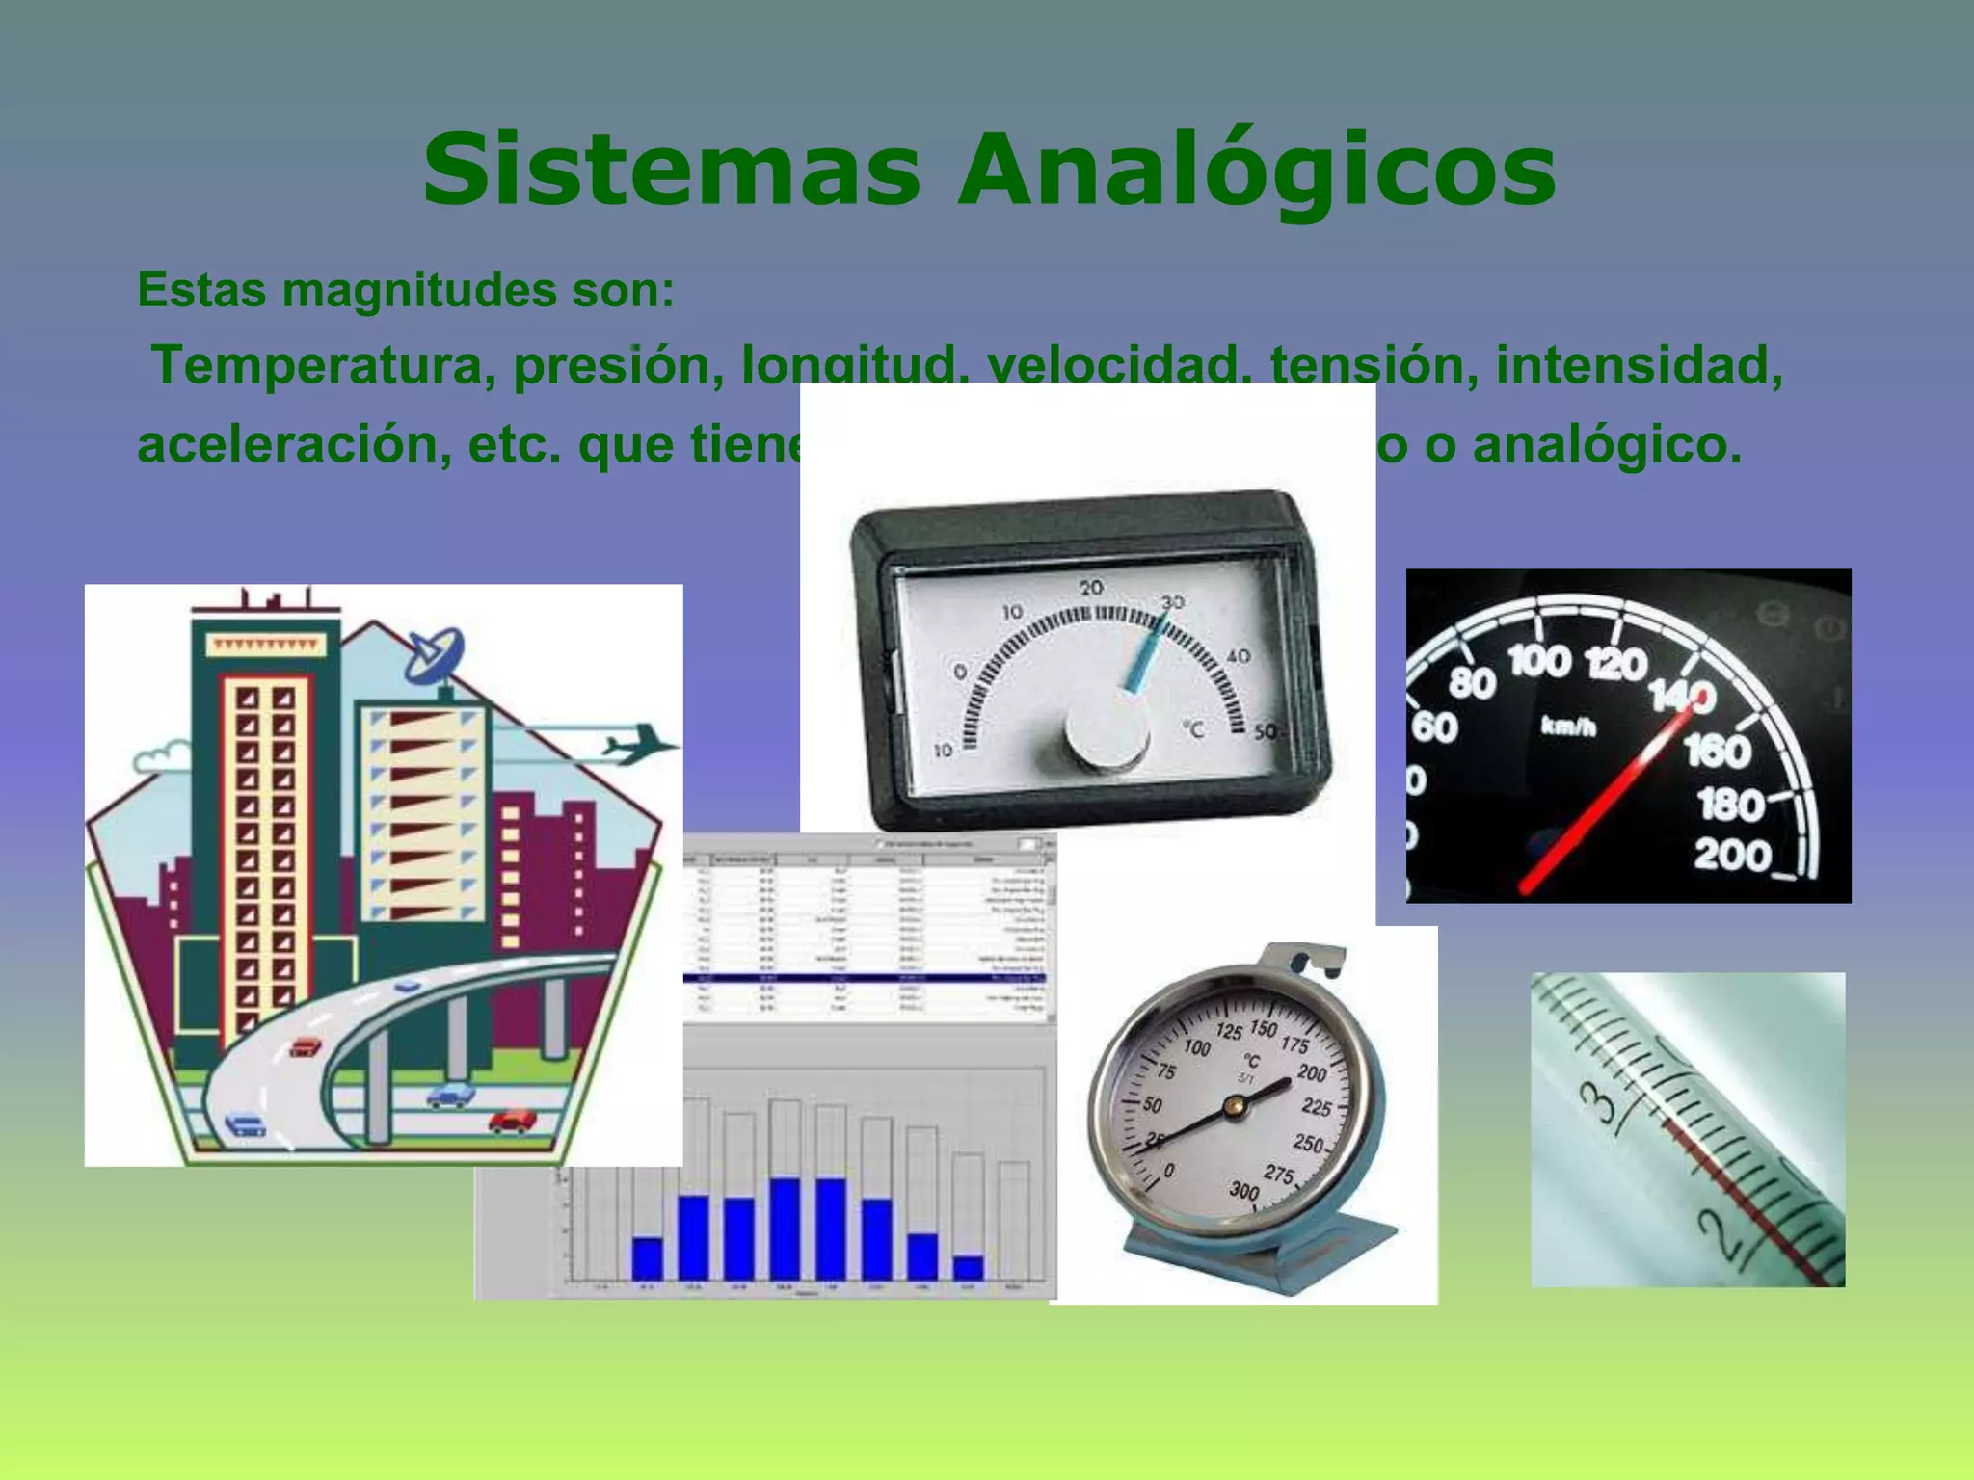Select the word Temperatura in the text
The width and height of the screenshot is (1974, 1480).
[324, 366]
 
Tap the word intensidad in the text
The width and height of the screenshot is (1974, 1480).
[1639, 364]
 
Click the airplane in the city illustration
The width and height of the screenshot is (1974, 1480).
[636, 744]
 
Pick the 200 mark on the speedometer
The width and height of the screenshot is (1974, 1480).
[1732, 856]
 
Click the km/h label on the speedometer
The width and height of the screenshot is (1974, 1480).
[1568, 727]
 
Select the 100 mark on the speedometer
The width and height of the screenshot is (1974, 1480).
[1539, 663]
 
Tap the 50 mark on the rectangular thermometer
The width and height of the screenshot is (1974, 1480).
[1265, 732]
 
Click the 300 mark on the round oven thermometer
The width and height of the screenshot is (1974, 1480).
[1244, 1191]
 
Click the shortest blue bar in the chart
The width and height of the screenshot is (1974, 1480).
[968, 1267]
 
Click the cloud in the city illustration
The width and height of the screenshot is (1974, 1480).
[161, 756]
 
